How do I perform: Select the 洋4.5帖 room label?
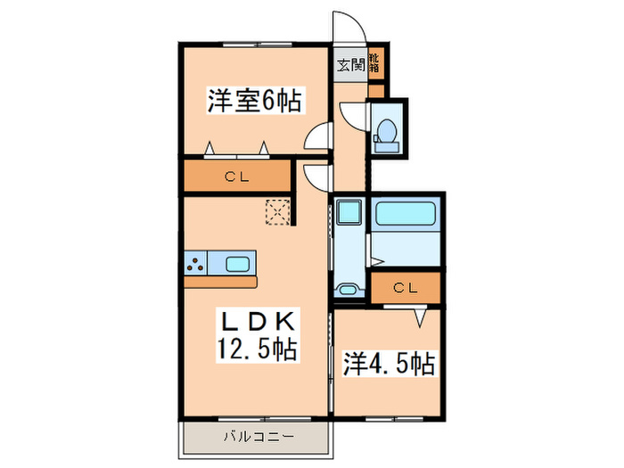389,365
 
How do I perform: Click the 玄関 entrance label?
350,64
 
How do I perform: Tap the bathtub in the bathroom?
406,214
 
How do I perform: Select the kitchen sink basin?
238,263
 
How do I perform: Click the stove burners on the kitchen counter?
195,263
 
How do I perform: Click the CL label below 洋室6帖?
236,177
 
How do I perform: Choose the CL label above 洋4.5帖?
406,288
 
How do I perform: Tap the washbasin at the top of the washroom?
348,211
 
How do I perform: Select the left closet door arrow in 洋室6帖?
210,147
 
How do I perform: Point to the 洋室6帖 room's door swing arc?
316,138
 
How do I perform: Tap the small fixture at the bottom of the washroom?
347,291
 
